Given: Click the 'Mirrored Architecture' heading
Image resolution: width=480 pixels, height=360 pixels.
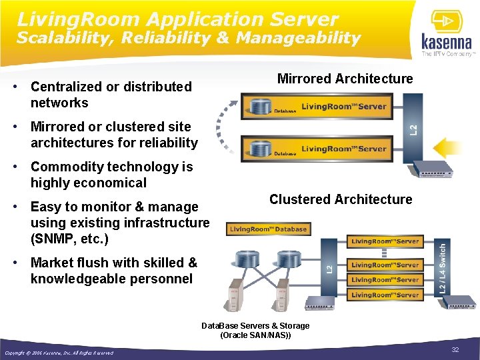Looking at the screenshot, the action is point(345,79).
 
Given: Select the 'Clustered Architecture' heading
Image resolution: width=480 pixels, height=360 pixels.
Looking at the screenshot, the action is point(340,199).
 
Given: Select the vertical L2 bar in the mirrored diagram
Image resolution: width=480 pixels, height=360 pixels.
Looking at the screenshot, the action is point(413,127).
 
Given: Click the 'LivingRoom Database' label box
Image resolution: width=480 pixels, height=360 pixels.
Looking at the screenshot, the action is point(268,229).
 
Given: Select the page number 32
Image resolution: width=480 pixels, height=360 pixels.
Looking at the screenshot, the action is point(456,350).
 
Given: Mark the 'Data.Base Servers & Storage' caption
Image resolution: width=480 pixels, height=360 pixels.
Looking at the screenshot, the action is point(255,326).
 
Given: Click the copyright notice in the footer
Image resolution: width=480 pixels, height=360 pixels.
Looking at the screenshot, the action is point(59,353).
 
